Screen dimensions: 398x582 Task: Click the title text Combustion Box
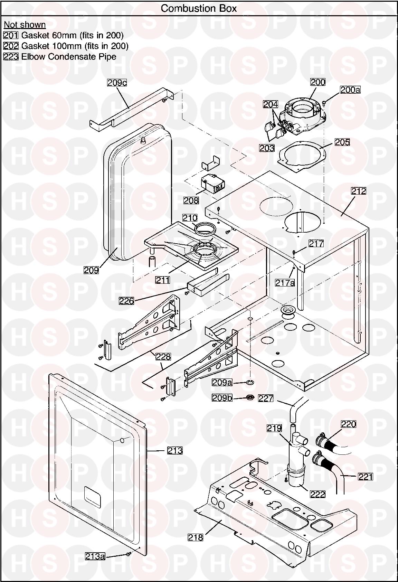tap(199, 8)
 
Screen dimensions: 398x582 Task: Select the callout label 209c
tap(117, 83)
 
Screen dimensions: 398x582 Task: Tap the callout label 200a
tap(350, 90)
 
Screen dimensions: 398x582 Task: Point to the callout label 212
tap(359, 191)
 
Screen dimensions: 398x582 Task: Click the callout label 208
tap(191, 200)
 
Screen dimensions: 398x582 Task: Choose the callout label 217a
tap(285, 283)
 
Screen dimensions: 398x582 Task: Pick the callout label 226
tap(126, 301)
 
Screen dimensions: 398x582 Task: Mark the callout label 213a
tap(95, 556)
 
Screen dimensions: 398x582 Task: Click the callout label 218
tap(195, 537)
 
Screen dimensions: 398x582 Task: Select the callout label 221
tap(366, 477)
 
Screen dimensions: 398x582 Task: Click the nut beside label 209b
tap(250, 397)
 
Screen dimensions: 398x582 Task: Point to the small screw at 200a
tap(324, 103)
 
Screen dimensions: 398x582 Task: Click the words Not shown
tap(25, 25)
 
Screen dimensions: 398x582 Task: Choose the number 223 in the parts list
tap(11, 57)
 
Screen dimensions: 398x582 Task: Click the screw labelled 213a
tap(128, 554)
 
